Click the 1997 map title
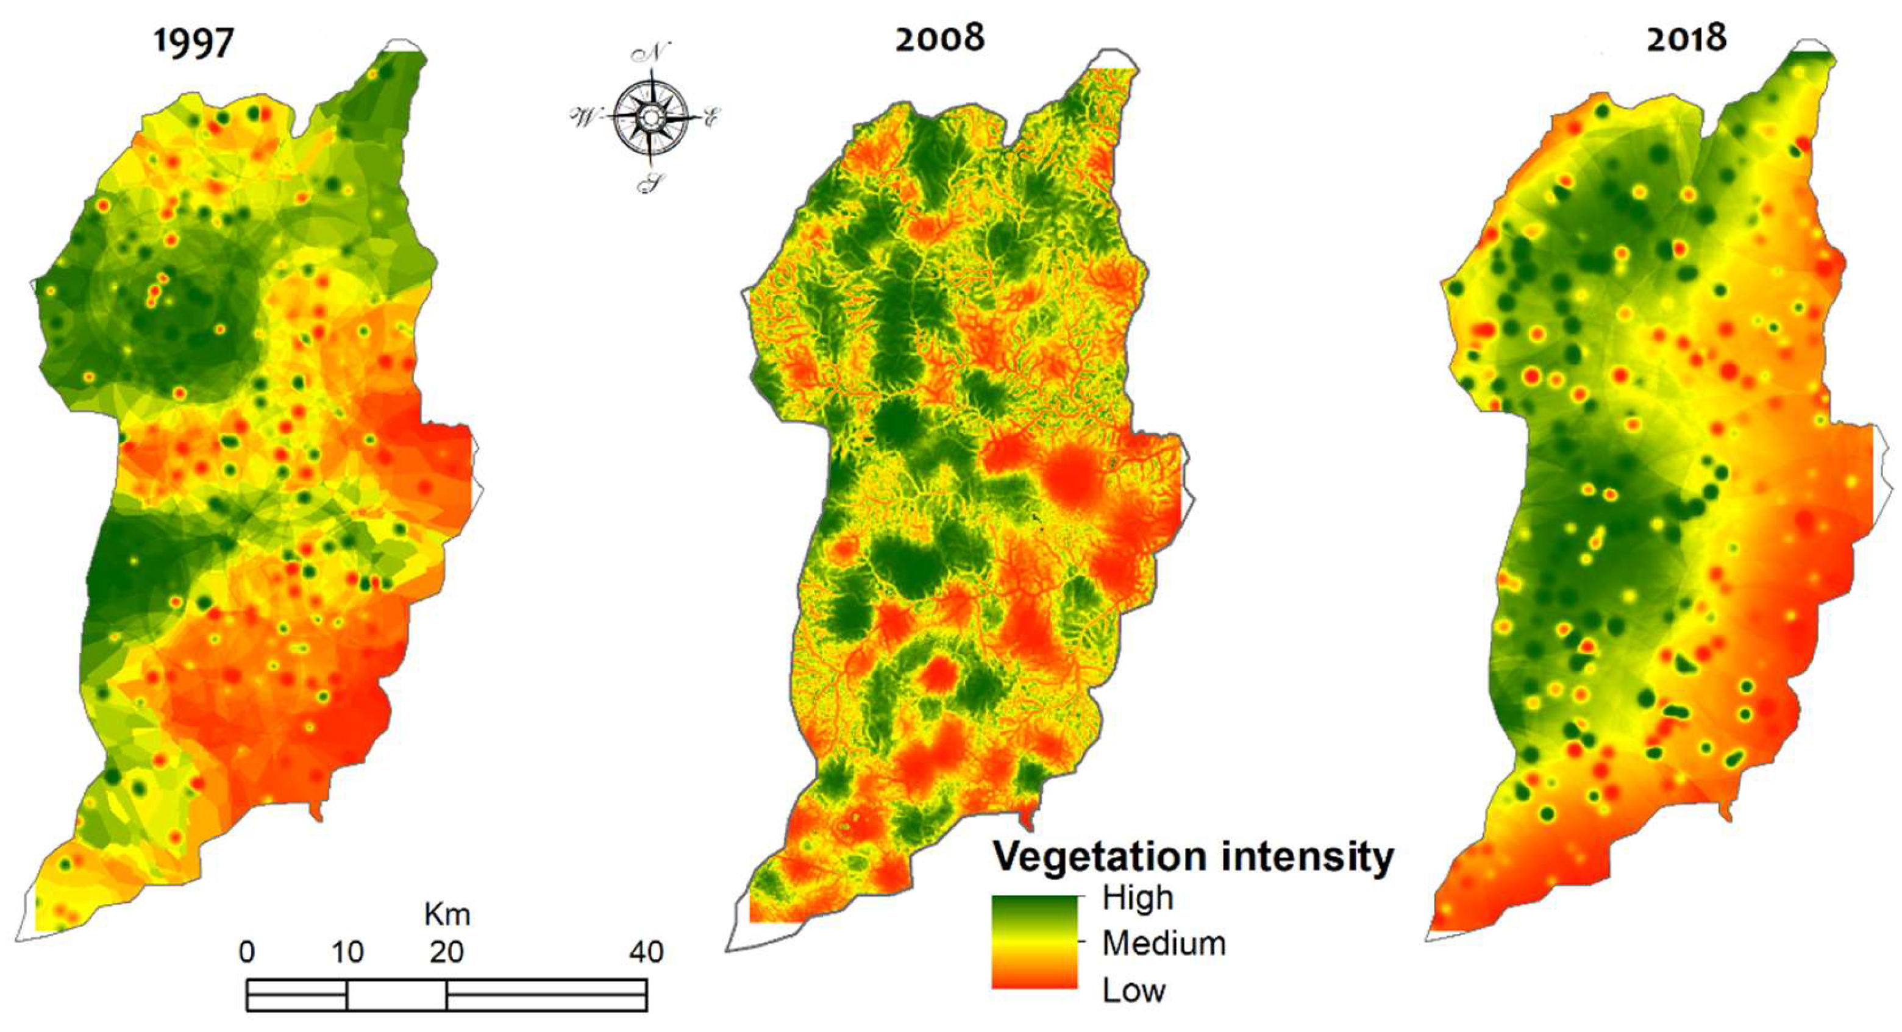pos(193,42)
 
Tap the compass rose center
pos(650,116)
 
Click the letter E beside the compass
pos(711,116)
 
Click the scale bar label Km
pos(447,914)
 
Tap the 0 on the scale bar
pos(247,952)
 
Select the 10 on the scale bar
pos(347,952)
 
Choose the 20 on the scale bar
pos(446,952)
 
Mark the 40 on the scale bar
pos(646,952)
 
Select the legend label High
pos(1137,898)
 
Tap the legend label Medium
pos(1164,944)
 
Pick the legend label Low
pos(1133,990)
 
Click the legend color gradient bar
pos(1034,942)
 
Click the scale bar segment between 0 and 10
pos(297,994)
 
